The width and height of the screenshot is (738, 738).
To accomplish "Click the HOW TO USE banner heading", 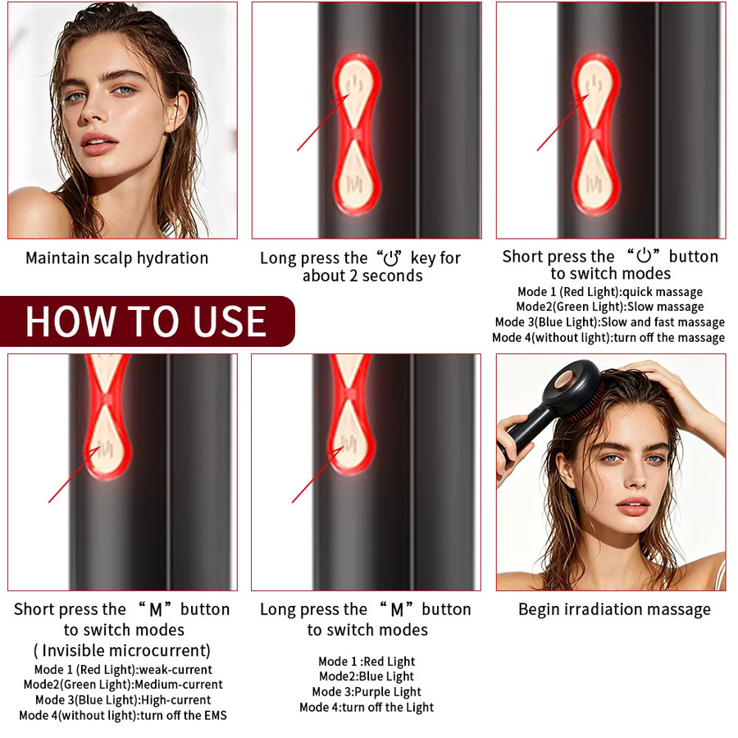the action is [146, 321].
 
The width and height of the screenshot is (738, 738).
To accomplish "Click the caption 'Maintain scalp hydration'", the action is [116, 258].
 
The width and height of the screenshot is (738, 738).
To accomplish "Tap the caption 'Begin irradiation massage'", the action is [614, 609].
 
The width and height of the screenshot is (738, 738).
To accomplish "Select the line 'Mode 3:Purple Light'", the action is [367, 692].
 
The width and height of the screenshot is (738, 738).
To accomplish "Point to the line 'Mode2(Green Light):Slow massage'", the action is [610, 307].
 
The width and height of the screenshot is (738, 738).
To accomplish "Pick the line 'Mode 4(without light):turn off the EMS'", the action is [123, 715].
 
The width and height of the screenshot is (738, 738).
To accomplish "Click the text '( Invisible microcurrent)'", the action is [122, 650].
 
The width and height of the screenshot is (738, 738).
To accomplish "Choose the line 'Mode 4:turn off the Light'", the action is [367, 708].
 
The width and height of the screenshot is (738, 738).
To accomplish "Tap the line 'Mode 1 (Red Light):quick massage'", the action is [610, 292].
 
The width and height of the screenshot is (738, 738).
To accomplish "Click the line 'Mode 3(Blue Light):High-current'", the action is [123, 700].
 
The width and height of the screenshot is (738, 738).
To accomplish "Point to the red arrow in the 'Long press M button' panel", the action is [317, 475].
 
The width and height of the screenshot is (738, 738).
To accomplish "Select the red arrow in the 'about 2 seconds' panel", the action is [323, 122].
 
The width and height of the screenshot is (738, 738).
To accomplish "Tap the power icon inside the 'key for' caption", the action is [390, 258].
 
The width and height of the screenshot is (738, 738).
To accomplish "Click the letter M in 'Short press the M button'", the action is [155, 610].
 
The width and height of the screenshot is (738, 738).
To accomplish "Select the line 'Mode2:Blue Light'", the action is [367, 676].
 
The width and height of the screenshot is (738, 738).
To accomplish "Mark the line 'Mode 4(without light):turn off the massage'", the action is [608, 338].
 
